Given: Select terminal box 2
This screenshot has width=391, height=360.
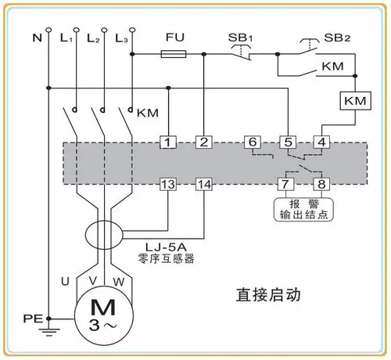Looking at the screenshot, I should tap(203, 142).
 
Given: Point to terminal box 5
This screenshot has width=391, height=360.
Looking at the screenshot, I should tap(288, 142).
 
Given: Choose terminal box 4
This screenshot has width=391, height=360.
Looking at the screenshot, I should tap(321, 142).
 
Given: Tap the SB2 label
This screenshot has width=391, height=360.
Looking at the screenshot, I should tap(336, 37).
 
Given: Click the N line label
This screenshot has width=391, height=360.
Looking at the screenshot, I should tap(35, 37).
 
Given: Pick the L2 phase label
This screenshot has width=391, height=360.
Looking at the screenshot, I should tap(94, 37).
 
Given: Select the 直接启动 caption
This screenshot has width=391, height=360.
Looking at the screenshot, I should tap(269, 296).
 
